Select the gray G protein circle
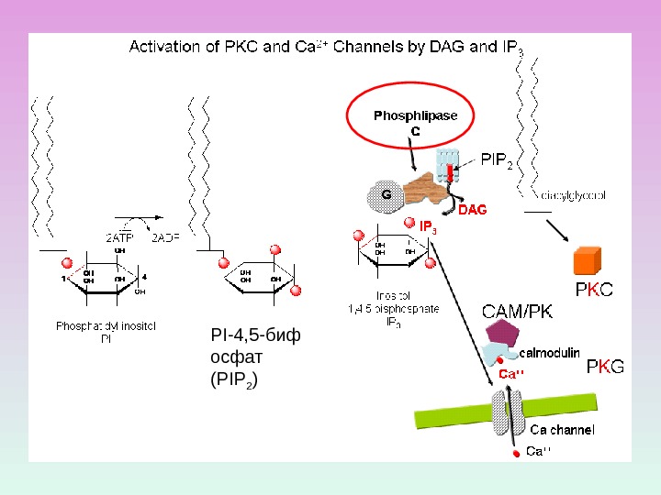[386, 195]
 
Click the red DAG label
[472, 210]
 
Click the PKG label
[604, 368]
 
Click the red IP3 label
[428, 226]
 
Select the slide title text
[326, 47]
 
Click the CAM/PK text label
[518, 312]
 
